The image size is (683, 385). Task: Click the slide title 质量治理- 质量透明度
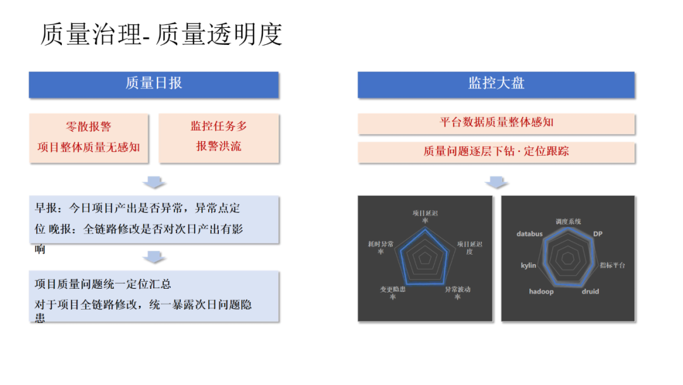click(161, 34)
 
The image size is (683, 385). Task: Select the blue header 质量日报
click(154, 83)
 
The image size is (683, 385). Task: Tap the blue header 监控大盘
click(496, 83)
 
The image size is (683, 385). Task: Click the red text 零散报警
click(89, 127)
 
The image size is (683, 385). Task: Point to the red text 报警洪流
click(218, 146)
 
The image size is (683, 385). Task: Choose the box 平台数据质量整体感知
click(496, 122)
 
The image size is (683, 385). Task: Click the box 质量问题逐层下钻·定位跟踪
click(496, 151)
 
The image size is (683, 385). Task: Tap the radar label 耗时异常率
click(381, 247)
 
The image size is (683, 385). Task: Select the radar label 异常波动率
click(457, 293)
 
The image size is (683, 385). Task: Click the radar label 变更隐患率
click(393, 293)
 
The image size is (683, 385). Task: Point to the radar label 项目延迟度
click(469, 247)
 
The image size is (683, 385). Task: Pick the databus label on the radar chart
click(529, 234)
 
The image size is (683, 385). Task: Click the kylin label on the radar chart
click(528, 265)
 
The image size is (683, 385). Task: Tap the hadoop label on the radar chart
click(541, 291)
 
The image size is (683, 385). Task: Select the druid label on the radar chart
click(590, 291)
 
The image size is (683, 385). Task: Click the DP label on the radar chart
click(598, 234)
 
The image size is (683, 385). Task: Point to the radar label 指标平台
click(612, 265)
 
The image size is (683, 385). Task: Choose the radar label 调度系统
click(568, 221)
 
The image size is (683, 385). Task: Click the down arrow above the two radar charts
click(496, 182)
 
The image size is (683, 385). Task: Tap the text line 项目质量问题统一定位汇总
click(103, 284)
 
